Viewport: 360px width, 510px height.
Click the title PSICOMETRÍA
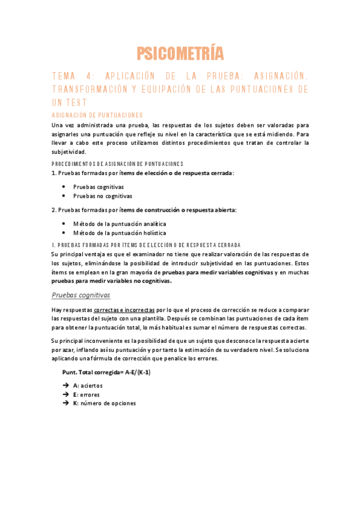(180, 54)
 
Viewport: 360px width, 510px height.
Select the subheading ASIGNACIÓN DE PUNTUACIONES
(97, 114)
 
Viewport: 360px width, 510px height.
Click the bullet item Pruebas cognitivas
(94, 187)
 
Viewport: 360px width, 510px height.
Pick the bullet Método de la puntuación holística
(115, 233)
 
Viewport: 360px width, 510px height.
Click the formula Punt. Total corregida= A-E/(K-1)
(106, 372)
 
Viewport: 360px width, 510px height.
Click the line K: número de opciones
(105, 404)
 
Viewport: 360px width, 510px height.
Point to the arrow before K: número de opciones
(65, 404)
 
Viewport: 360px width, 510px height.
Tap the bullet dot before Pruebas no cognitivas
(64, 196)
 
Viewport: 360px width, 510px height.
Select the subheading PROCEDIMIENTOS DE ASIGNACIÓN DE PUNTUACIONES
(117, 164)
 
